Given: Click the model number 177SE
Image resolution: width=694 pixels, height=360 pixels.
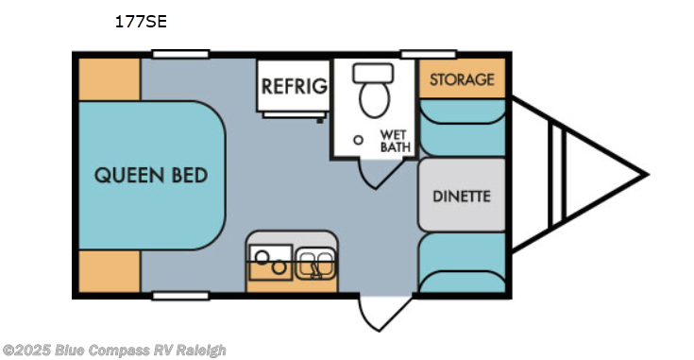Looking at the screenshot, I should pyautogui.click(x=141, y=21).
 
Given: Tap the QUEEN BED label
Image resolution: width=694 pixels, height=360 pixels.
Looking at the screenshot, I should pyautogui.click(x=151, y=176).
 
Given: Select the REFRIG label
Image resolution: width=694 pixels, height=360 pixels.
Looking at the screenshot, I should pyautogui.click(x=295, y=87).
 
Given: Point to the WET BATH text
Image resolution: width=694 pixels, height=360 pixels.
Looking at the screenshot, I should pyautogui.click(x=394, y=140).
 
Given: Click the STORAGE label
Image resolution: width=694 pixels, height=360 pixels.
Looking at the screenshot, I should pyautogui.click(x=462, y=79).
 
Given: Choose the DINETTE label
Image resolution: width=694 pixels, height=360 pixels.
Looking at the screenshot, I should pyautogui.click(x=462, y=197).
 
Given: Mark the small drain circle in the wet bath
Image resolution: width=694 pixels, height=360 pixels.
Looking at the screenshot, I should pyautogui.click(x=358, y=139).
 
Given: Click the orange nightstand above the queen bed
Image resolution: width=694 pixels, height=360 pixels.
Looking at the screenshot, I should pyautogui.click(x=109, y=78).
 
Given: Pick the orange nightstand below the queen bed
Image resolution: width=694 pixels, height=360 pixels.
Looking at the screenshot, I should pyautogui.click(x=109, y=272).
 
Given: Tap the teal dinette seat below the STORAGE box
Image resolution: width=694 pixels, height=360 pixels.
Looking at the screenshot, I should pyautogui.click(x=462, y=128).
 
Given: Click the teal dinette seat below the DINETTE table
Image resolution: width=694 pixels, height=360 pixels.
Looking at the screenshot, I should pyautogui.click(x=462, y=264).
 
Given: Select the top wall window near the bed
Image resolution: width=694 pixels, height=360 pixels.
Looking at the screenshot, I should pyautogui.click(x=180, y=54).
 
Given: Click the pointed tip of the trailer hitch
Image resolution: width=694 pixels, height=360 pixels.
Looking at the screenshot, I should pyautogui.click(x=646, y=175).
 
